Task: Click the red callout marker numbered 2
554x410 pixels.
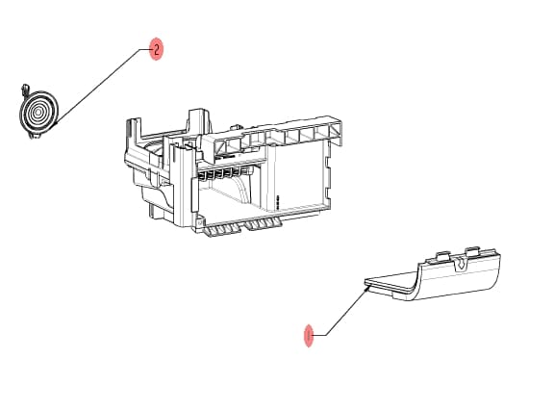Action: click(x=157, y=48)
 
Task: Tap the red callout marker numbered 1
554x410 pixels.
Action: click(x=309, y=336)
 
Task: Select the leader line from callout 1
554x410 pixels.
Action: click(x=340, y=311)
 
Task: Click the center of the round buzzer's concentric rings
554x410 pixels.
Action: click(x=38, y=113)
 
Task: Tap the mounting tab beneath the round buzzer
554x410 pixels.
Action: click(x=35, y=136)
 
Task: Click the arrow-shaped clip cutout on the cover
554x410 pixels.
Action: click(x=460, y=264)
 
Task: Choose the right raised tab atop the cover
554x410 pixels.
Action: click(x=472, y=252)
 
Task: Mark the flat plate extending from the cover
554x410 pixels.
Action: click(x=390, y=283)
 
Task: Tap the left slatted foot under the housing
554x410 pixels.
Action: click(x=222, y=230)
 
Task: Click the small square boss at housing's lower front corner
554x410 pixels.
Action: click(x=199, y=223)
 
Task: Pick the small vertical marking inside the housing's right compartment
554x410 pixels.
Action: click(x=278, y=202)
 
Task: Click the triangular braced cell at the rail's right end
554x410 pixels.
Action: click(x=336, y=132)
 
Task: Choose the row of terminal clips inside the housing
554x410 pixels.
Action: click(x=222, y=173)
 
